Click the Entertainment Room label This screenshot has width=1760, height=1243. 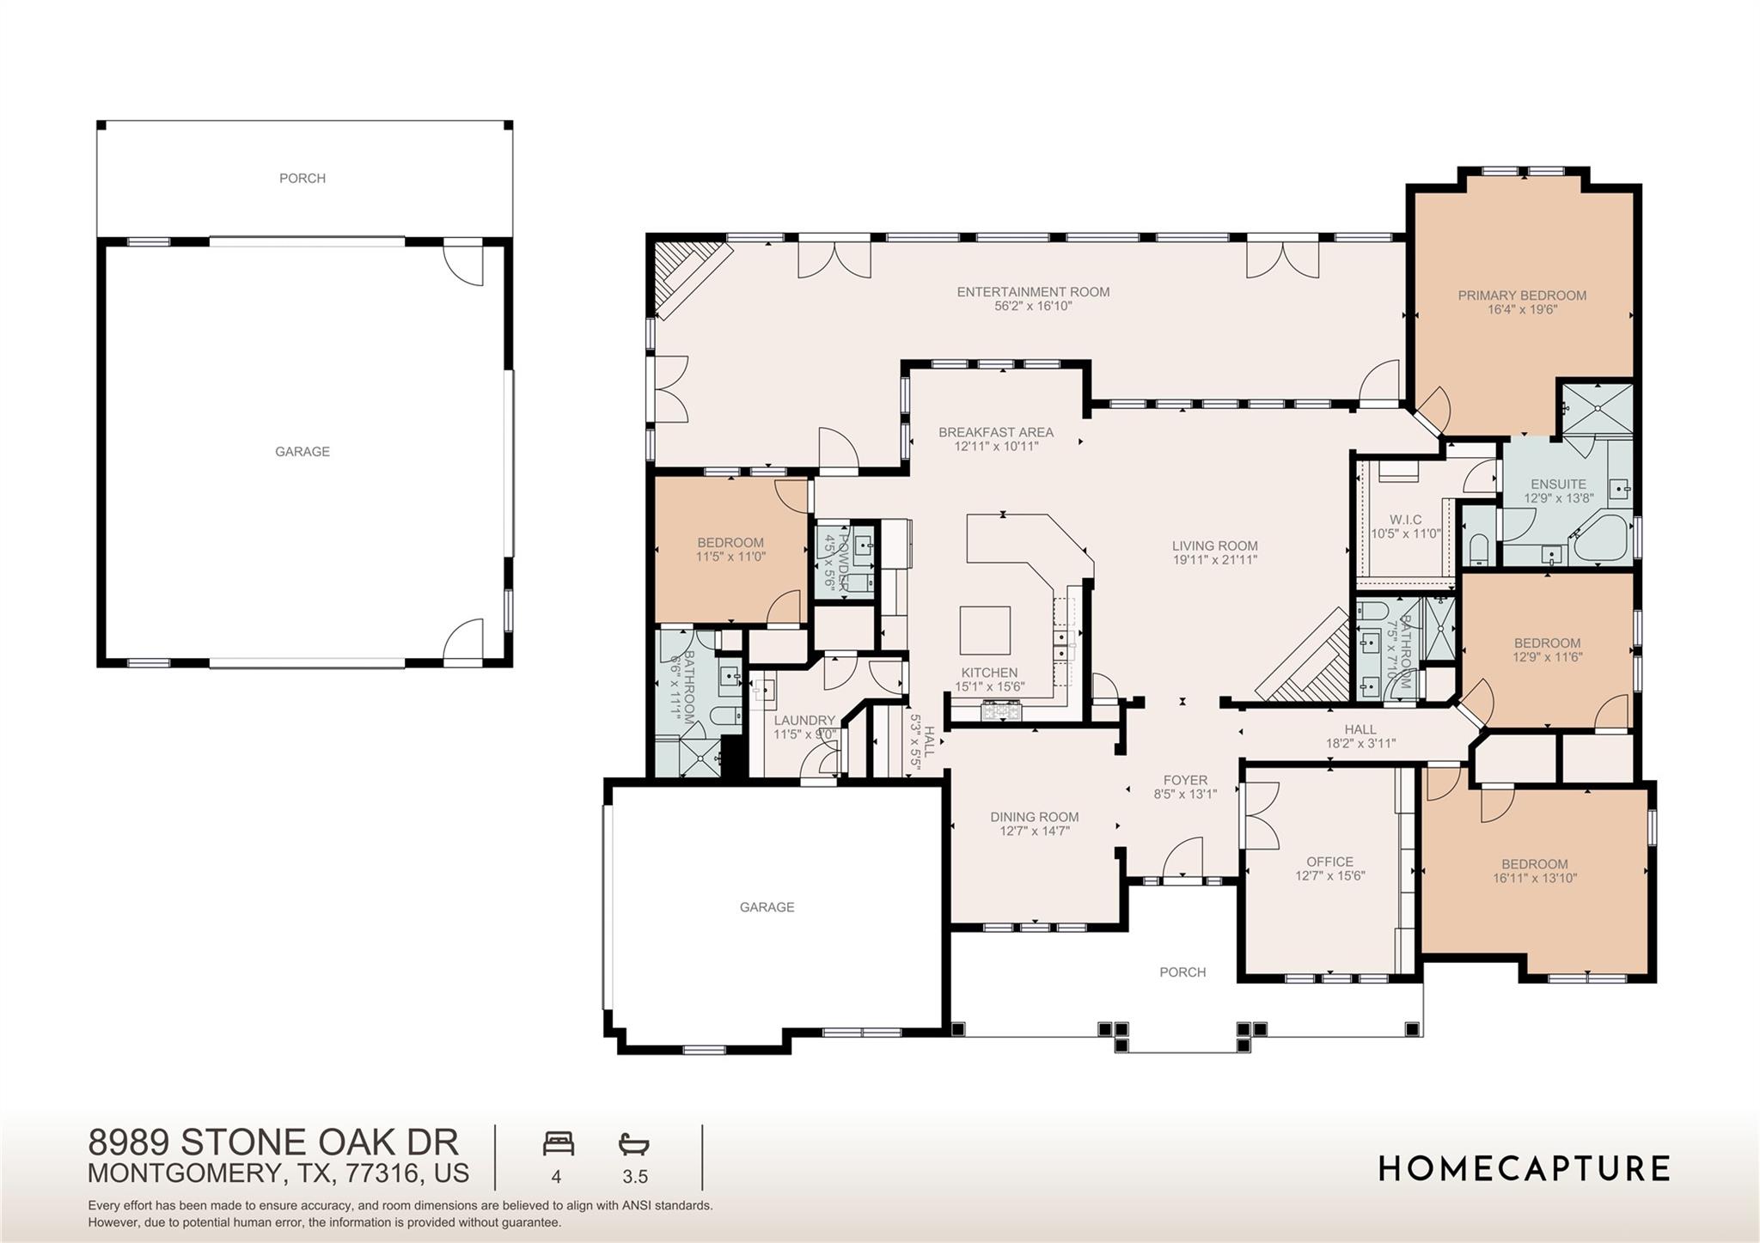(x=1033, y=292)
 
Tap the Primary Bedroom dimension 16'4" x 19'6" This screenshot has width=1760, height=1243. (x=1522, y=309)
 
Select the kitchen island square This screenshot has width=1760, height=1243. (x=985, y=631)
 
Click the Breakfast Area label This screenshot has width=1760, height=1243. (x=995, y=432)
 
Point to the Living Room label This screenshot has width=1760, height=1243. (x=1214, y=545)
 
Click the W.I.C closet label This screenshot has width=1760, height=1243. (x=1405, y=520)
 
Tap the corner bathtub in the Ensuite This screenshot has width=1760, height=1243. (x=1604, y=539)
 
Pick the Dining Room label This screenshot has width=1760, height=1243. (x=1034, y=817)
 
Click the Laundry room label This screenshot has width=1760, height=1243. (x=804, y=721)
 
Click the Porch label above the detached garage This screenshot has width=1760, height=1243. (x=302, y=178)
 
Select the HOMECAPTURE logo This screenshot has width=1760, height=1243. (x=1524, y=1168)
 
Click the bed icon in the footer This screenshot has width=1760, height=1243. (x=558, y=1144)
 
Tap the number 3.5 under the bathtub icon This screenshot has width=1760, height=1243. (x=634, y=1177)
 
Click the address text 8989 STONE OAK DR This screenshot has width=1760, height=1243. (x=273, y=1142)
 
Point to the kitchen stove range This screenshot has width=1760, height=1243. (x=1002, y=710)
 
